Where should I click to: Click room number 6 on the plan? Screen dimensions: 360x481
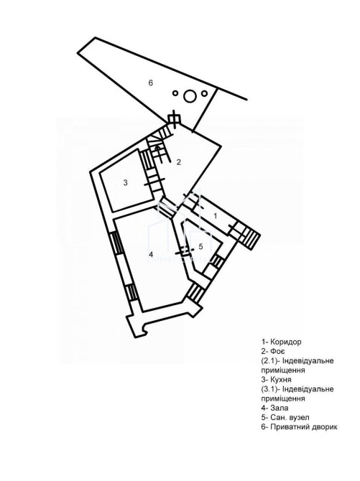(x=150, y=83)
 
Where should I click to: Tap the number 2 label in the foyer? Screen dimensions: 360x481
(x=179, y=162)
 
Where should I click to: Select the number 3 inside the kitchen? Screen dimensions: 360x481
(x=125, y=183)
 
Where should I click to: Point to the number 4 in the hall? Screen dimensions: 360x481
(x=150, y=254)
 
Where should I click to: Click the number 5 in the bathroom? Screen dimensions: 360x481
(x=201, y=246)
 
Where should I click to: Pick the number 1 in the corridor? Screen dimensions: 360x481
(x=216, y=216)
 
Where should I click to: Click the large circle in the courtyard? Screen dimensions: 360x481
(x=190, y=96)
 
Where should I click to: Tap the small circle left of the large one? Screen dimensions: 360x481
(x=175, y=93)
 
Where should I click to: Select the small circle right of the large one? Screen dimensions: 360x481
(x=204, y=93)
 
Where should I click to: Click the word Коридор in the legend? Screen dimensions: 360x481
(x=286, y=342)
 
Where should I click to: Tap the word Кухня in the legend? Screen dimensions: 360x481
(x=281, y=380)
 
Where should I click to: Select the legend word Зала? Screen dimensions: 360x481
(x=280, y=408)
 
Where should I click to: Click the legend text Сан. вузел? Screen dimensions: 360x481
(x=290, y=418)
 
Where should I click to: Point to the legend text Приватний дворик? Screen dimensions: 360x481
(x=304, y=427)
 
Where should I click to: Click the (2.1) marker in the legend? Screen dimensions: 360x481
(x=269, y=360)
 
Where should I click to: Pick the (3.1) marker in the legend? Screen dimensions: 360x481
(x=269, y=389)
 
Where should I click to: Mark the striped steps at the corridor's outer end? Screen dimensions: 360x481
(x=252, y=238)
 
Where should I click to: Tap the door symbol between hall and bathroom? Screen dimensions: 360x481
(x=183, y=251)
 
